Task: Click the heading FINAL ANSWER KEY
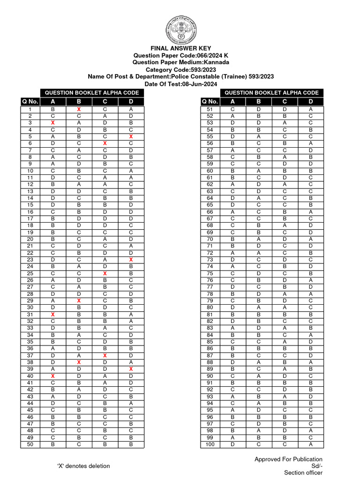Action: [x=180, y=48]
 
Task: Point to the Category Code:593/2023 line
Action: [x=180, y=69]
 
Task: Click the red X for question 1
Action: [x=79, y=109]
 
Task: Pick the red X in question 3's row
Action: [x=52, y=123]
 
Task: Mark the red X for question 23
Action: [x=131, y=259]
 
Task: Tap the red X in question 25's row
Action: [x=105, y=273]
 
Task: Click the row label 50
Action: [x=30, y=444]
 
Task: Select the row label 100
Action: [x=210, y=444]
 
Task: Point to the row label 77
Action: [x=210, y=287]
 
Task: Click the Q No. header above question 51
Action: [x=210, y=102]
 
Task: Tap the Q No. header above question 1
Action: [x=30, y=102]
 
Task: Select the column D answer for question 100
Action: [x=311, y=444]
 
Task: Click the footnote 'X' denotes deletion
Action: [x=83, y=466]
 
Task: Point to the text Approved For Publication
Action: [x=288, y=459]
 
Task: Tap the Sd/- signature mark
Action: [x=317, y=466]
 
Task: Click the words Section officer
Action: [x=303, y=472]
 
